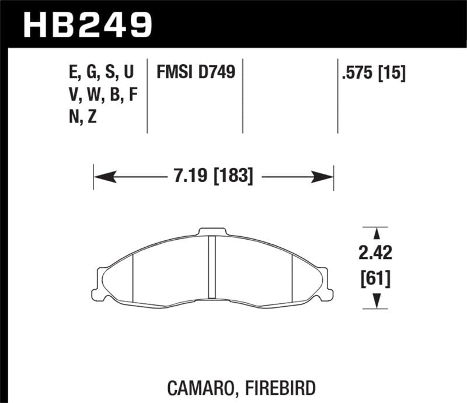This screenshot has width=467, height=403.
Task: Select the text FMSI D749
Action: pos(195,73)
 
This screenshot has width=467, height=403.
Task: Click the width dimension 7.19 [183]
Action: pos(212,176)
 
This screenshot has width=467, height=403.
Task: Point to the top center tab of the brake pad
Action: pos(212,232)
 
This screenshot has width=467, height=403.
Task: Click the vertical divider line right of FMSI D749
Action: pos(242,96)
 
